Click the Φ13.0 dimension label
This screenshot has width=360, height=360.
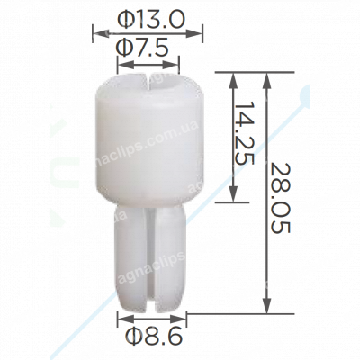[x=149, y=18]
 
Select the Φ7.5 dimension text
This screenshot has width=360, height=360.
[x=149, y=49]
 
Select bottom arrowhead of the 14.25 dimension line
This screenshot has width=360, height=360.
[x=235, y=202]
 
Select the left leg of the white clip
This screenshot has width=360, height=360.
[x=130, y=256]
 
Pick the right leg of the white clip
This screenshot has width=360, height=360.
[x=171, y=256]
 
